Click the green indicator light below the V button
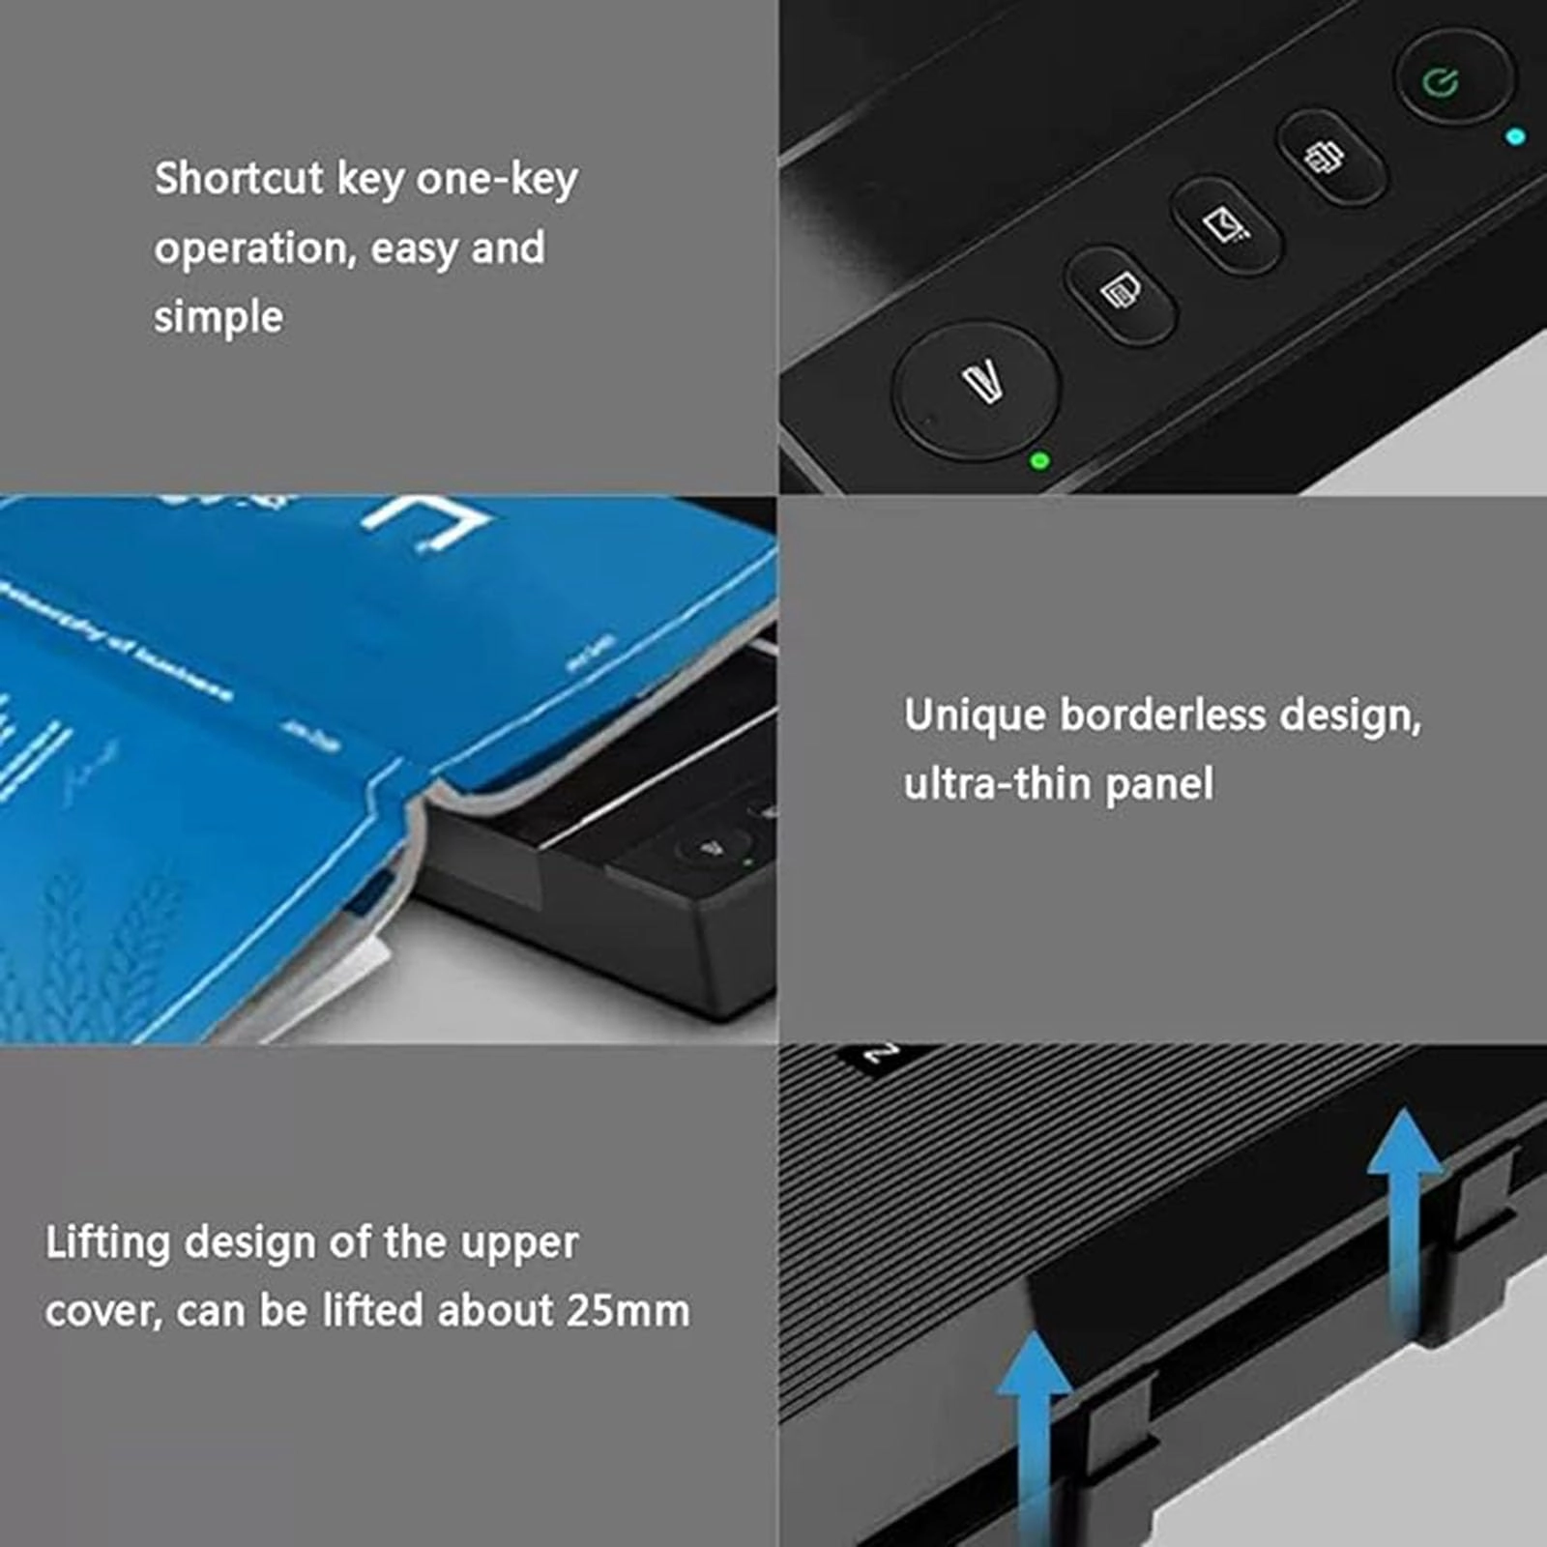(1040, 460)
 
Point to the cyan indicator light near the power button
(1516, 137)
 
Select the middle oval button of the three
(1226, 225)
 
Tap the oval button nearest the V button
(1121, 293)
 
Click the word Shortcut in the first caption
(239, 179)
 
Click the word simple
(219, 317)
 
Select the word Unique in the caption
(975, 716)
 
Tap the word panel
(1159, 784)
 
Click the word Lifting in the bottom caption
(107, 1243)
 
